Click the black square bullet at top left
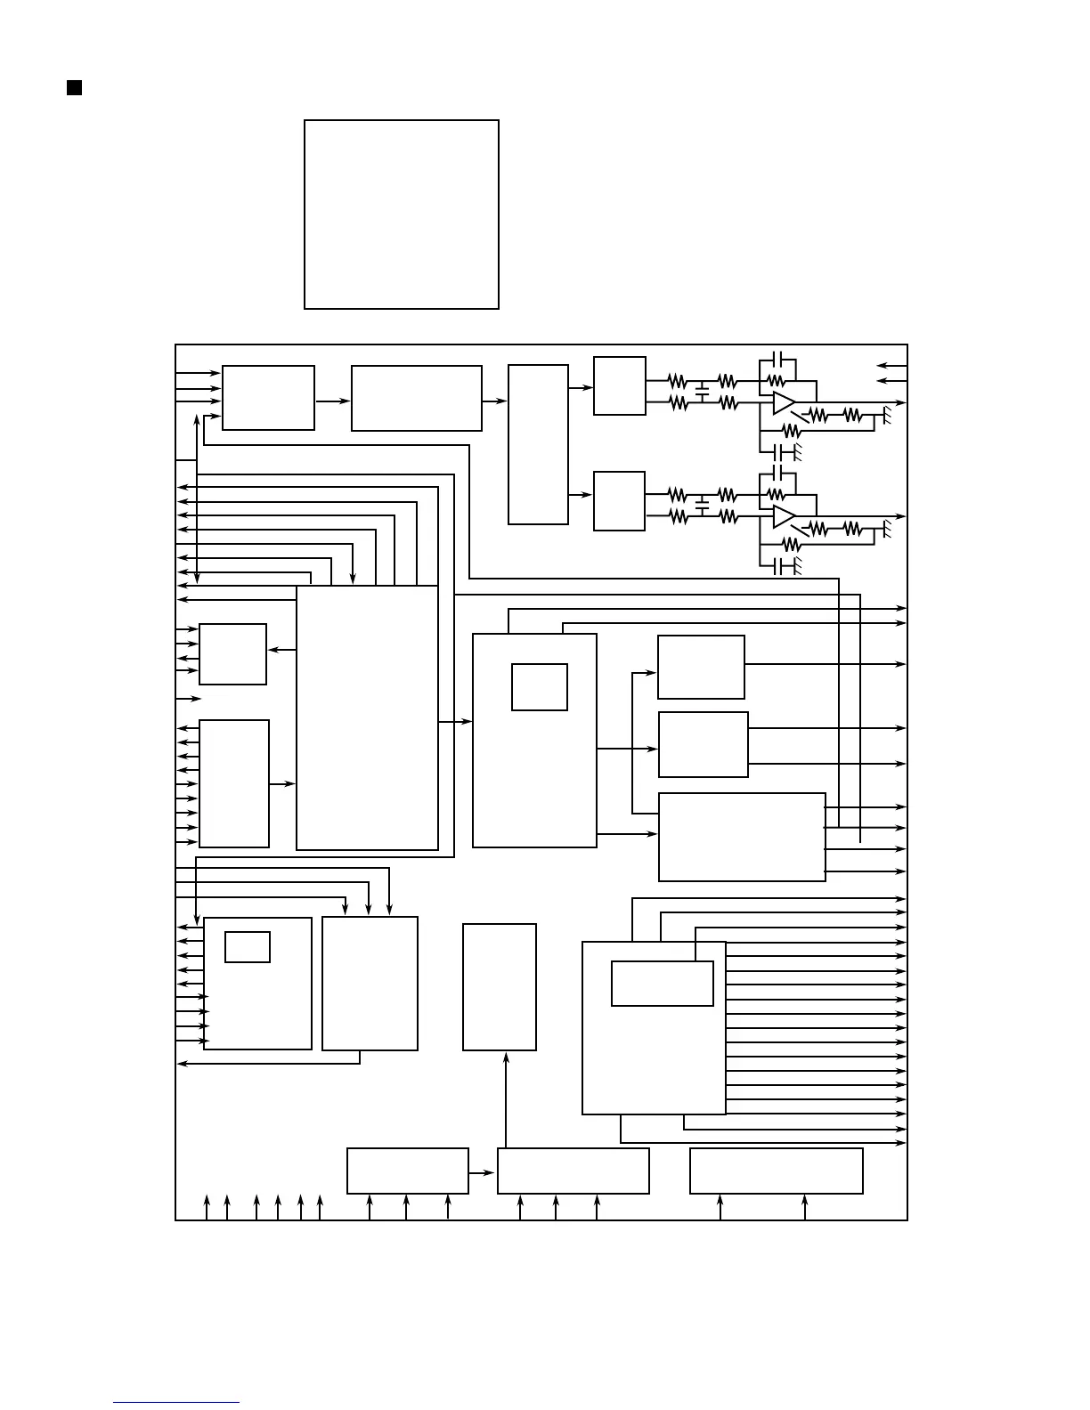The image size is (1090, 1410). coord(75,87)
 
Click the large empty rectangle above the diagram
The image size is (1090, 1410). coord(402,215)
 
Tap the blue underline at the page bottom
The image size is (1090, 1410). coord(176,1402)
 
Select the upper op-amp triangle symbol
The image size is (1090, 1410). coord(783,402)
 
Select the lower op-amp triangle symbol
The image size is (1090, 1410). coord(783,516)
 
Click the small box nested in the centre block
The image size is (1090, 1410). coord(540,687)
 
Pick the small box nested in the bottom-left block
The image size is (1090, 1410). coord(248,947)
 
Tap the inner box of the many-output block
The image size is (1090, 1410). coord(663,984)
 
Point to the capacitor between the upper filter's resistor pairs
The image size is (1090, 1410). coord(702,391)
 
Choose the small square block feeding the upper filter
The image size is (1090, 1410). coord(620,385)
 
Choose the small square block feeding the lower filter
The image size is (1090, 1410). coord(619,501)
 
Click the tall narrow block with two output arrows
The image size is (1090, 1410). coord(538,444)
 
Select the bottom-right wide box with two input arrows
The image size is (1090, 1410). coord(777,1171)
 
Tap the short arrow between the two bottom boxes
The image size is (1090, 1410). coord(482,1172)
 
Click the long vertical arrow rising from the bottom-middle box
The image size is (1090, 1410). coord(506,1099)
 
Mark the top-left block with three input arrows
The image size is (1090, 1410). coord(268,398)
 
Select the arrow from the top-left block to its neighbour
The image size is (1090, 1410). coord(333,401)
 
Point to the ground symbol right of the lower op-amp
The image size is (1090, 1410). coord(885,530)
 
